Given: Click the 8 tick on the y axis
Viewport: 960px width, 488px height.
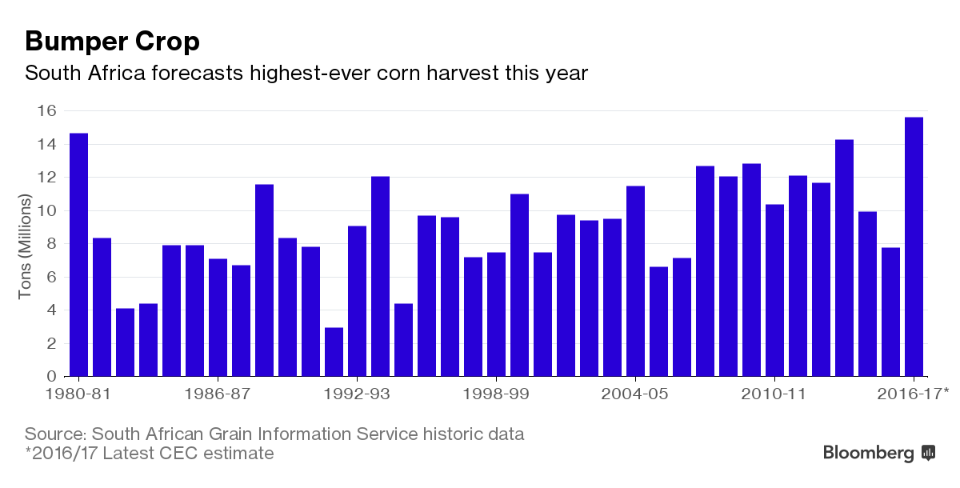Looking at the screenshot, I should point(51,244).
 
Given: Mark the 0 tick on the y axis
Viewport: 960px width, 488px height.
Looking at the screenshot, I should point(51,376).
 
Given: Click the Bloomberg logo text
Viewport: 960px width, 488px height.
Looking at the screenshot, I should point(868,453).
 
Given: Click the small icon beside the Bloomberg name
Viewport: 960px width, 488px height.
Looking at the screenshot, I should point(929,453).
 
